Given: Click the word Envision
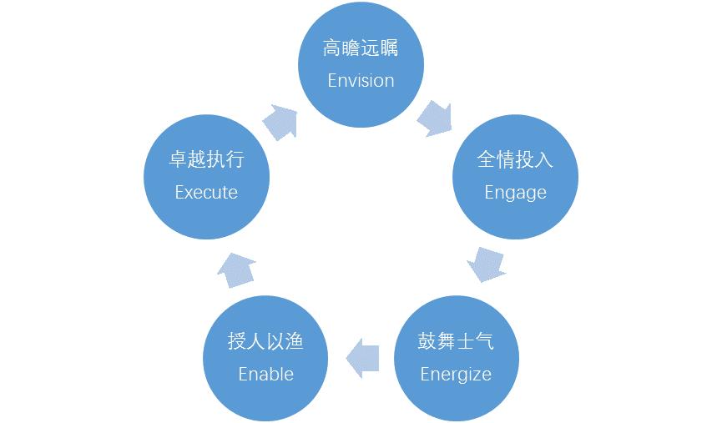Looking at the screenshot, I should (x=361, y=81).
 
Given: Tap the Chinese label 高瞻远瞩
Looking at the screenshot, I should (x=361, y=48).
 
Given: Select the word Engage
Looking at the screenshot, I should (x=515, y=193).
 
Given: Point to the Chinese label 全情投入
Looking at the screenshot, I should (x=515, y=159).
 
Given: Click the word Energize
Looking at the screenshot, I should (x=456, y=374).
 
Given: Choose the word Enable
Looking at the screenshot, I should (x=265, y=374).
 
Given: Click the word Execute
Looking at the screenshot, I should (x=206, y=193).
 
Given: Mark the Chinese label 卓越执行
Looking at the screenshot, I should (x=206, y=159).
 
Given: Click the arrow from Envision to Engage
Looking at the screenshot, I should (x=435, y=118).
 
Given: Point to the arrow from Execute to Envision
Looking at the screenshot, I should (x=281, y=122).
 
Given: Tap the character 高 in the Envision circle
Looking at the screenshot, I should (x=332, y=48).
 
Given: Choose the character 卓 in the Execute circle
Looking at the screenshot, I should (x=179, y=159).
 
